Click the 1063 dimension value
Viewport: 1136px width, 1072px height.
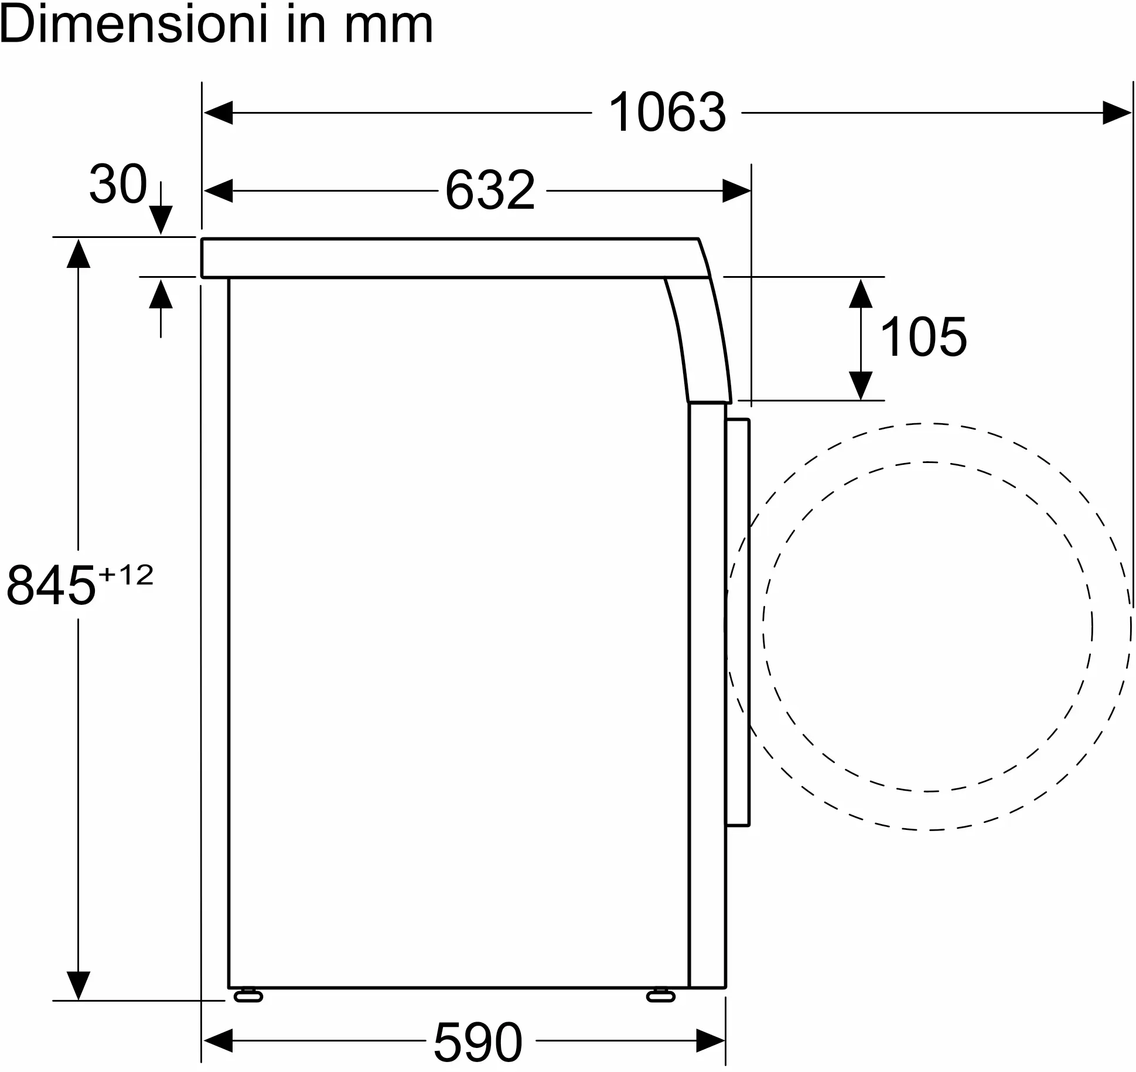click(x=667, y=112)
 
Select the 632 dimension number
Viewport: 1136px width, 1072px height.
click(x=490, y=190)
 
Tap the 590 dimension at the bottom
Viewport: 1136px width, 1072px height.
click(x=477, y=1042)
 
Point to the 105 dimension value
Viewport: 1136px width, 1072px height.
click(x=923, y=336)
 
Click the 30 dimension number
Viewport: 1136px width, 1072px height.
click(x=118, y=184)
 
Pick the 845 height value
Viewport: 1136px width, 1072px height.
click(x=51, y=585)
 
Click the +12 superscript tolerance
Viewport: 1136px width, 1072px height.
click(x=126, y=575)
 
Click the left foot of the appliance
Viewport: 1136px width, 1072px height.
click(x=248, y=996)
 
